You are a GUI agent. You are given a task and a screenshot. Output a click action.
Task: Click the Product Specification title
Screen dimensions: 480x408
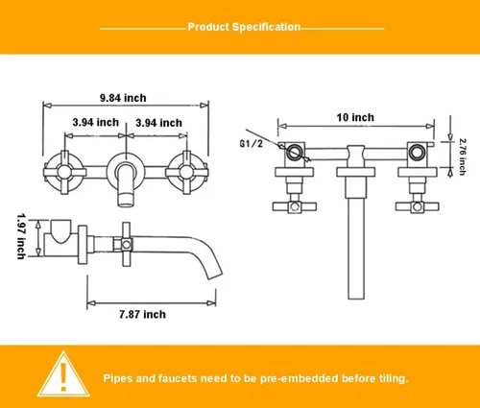tap(244, 27)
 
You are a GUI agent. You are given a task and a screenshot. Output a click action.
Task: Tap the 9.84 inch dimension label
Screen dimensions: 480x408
tap(123, 98)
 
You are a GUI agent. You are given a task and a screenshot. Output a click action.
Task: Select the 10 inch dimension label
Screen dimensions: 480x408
tap(355, 117)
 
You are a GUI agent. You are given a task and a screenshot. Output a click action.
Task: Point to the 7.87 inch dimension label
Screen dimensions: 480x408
tap(143, 314)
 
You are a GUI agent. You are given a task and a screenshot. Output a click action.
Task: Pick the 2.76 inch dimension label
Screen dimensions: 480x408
tap(463, 156)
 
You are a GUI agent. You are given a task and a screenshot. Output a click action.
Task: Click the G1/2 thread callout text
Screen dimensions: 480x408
tap(252, 144)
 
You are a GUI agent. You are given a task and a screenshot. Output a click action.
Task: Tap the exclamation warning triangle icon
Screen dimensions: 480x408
tap(63, 373)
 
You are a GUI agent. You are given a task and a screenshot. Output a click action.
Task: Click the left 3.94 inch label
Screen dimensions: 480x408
tap(96, 122)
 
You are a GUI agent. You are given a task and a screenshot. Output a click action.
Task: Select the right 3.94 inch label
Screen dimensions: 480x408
tap(158, 123)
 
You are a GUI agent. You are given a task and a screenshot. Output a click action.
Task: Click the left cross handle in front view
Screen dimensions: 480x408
tap(64, 172)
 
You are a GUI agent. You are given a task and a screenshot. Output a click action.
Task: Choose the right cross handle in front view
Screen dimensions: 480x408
tap(186, 172)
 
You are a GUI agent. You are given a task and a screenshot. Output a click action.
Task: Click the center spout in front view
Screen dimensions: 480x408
tap(126, 184)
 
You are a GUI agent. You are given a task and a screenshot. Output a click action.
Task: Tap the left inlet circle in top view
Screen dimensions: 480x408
tap(294, 153)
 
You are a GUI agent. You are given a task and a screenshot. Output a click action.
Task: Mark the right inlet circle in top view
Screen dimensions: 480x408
tap(416, 153)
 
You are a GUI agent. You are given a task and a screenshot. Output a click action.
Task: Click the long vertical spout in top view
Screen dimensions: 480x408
tap(356, 249)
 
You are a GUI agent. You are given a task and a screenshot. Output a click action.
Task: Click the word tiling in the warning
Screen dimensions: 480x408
tap(392, 378)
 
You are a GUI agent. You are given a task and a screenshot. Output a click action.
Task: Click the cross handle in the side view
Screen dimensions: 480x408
tap(127, 245)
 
